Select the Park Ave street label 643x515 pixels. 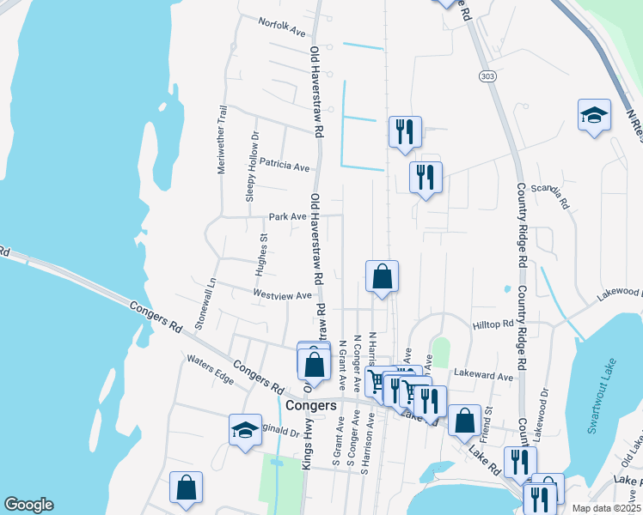coord(287,217)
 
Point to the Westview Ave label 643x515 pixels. coord(282,294)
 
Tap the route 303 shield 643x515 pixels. coord(487,76)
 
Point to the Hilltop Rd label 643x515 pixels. coord(493,324)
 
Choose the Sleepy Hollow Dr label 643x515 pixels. coord(252,167)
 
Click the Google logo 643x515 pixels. coord(28,505)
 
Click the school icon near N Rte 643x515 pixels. coord(593,116)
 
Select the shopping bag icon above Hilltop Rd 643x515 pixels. coord(383,277)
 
